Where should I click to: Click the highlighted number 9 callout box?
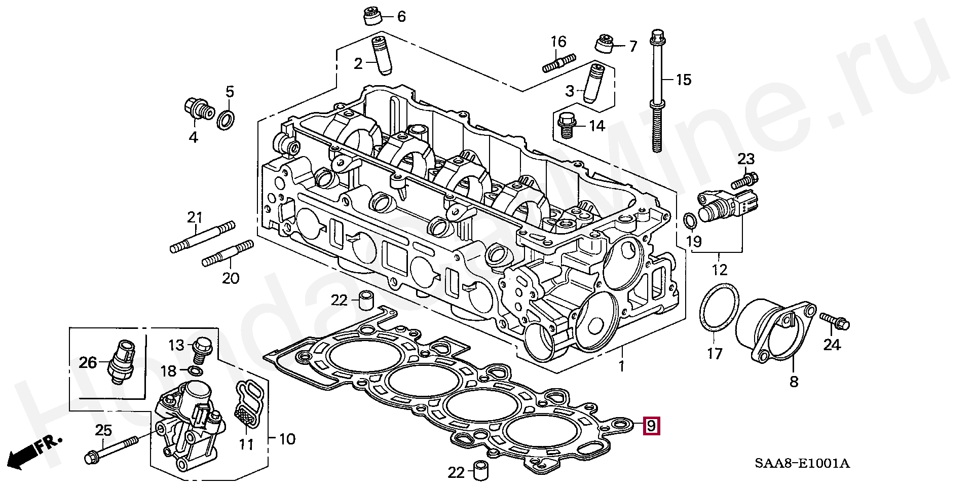(x=651, y=425)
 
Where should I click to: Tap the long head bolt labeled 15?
(x=657, y=91)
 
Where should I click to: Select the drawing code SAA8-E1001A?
(x=802, y=463)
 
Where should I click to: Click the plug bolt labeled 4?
(x=197, y=109)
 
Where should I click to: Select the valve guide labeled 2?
(x=381, y=55)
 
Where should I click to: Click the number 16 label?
(x=558, y=42)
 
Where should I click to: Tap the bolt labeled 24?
(x=835, y=321)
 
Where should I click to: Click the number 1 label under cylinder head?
(x=621, y=365)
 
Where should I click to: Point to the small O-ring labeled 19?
(x=690, y=220)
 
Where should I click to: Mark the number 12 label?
(x=719, y=270)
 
